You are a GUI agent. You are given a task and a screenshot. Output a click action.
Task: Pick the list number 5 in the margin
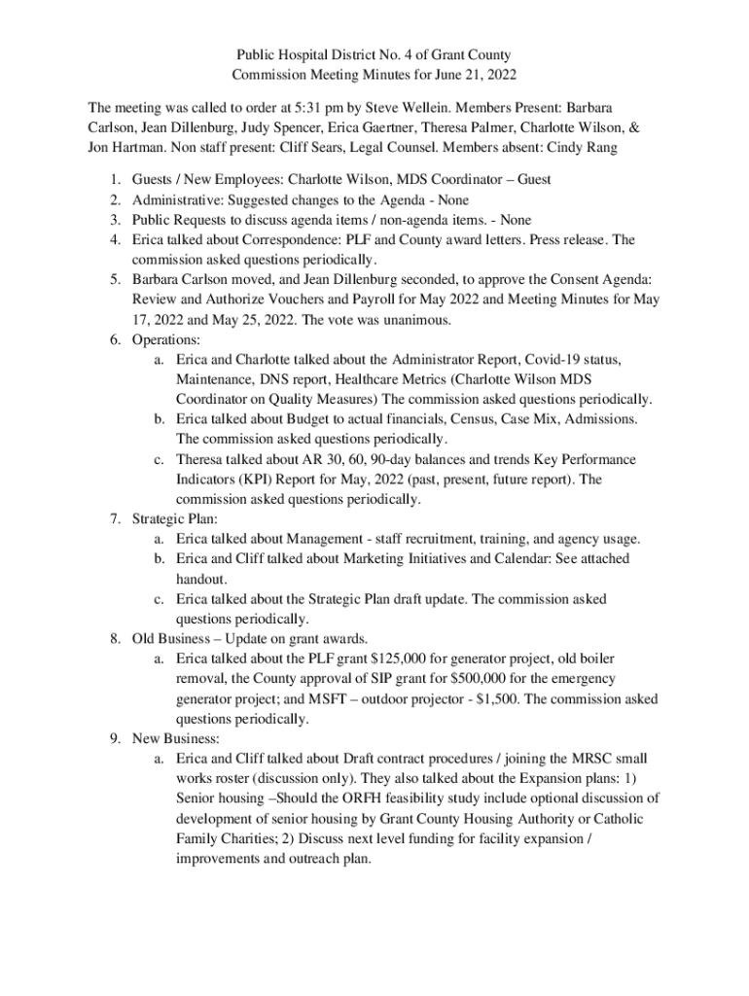click(x=114, y=280)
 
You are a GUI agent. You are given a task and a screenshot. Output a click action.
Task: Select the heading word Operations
click(x=165, y=340)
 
